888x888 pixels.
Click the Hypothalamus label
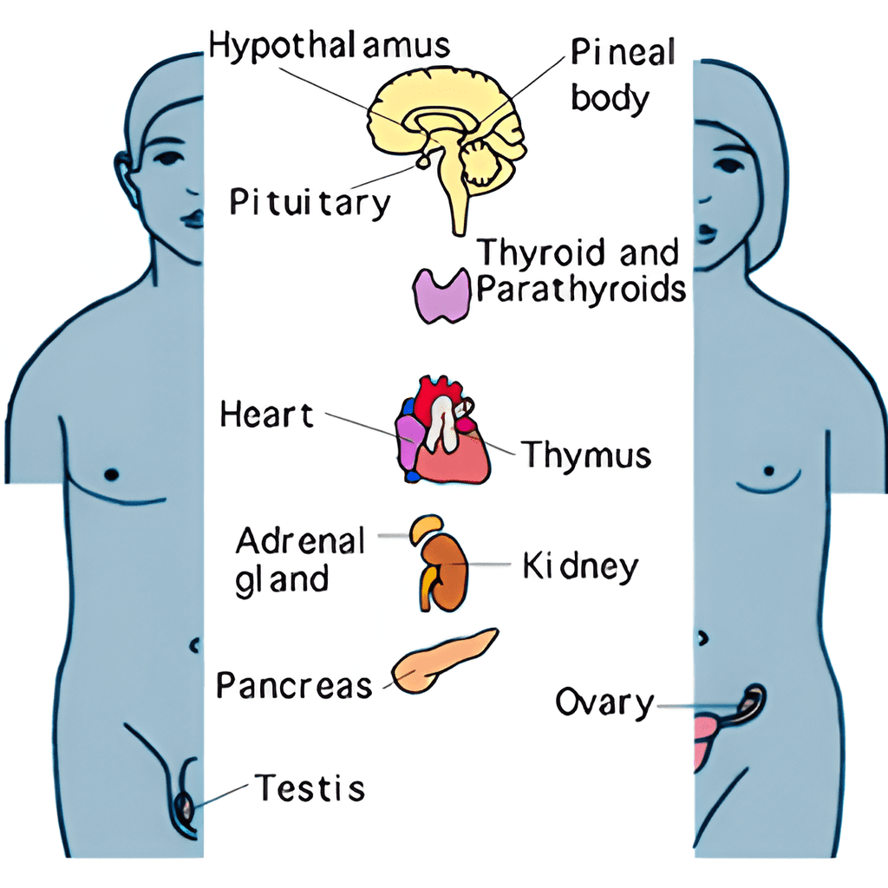(x=329, y=45)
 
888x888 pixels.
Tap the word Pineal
(x=623, y=52)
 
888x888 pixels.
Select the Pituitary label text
(x=310, y=202)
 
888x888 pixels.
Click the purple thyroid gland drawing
(x=441, y=296)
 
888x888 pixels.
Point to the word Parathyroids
(x=580, y=289)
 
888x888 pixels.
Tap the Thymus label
(x=586, y=454)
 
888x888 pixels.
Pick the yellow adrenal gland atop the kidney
(x=425, y=526)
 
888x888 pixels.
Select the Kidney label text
(x=580, y=565)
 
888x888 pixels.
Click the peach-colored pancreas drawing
(x=445, y=660)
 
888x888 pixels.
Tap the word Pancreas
(x=295, y=685)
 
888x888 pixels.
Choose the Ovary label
(x=604, y=702)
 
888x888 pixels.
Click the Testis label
(x=310, y=787)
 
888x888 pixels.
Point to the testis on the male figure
(x=186, y=807)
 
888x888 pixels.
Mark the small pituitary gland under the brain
(x=422, y=162)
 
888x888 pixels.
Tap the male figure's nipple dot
(x=112, y=473)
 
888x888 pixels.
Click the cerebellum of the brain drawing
(x=481, y=163)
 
